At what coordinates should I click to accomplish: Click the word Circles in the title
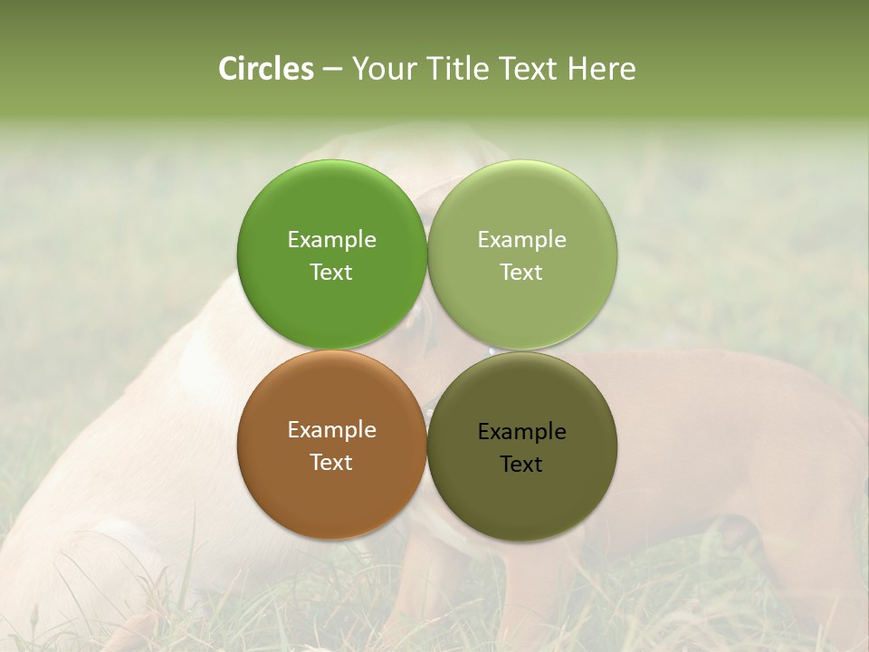tap(266, 69)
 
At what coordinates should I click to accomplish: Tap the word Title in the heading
tap(458, 69)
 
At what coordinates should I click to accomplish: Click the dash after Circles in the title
tap(332, 70)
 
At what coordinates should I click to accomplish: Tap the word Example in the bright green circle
tap(331, 240)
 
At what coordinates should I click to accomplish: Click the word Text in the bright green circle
tap(331, 273)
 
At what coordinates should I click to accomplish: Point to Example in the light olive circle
tap(522, 240)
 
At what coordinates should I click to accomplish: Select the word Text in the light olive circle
tap(522, 273)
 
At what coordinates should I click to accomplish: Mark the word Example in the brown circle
tap(331, 430)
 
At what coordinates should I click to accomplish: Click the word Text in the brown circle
tap(331, 463)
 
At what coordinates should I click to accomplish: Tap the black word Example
tap(522, 432)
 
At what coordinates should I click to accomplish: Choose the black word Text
tap(522, 465)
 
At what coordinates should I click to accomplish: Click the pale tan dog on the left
tap(136, 435)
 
